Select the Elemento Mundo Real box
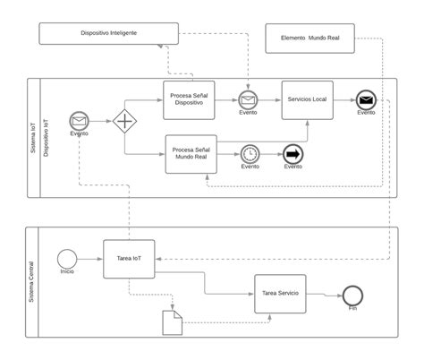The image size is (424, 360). click(x=310, y=38)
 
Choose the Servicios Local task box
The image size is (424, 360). click(x=307, y=98)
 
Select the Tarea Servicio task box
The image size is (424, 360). click(x=280, y=294)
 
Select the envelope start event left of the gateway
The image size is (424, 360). click(x=79, y=121)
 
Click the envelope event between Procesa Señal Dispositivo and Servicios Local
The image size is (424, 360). click(x=248, y=99)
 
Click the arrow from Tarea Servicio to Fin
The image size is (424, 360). click(x=324, y=294)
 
